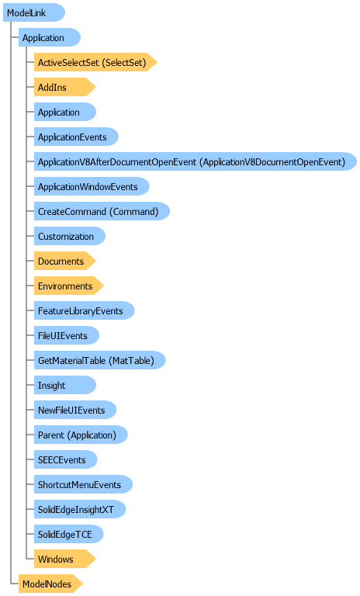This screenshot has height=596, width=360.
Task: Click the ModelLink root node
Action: [x=34, y=12]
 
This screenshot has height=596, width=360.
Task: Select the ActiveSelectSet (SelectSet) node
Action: [x=95, y=62]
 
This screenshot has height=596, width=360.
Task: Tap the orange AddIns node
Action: [x=64, y=87]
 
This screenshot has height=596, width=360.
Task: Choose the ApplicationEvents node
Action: [x=76, y=137]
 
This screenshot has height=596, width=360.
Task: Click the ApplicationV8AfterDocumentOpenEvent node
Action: [x=196, y=161]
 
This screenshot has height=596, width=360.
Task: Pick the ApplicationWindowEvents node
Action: [x=92, y=186]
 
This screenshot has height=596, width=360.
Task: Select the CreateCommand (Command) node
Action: [x=102, y=211]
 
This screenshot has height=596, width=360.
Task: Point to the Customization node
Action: [x=70, y=236]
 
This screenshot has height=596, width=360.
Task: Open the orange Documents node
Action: [x=64, y=261]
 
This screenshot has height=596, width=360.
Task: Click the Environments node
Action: [x=69, y=286]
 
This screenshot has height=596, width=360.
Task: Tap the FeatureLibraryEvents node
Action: [x=84, y=310]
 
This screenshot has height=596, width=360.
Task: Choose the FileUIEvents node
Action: [x=67, y=335]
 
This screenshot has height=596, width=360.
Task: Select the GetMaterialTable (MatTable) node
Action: [x=99, y=360]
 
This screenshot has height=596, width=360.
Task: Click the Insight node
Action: [x=65, y=385]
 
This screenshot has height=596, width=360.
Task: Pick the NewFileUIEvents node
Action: [x=75, y=410]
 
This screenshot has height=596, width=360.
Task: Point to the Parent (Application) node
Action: [x=81, y=435]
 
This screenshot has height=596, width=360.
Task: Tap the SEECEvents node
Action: [x=65, y=459]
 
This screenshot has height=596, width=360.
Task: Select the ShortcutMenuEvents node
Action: [x=83, y=484]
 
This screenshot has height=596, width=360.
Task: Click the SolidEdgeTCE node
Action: [x=68, y=534]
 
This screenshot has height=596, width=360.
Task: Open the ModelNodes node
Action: [x=50, y=584]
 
